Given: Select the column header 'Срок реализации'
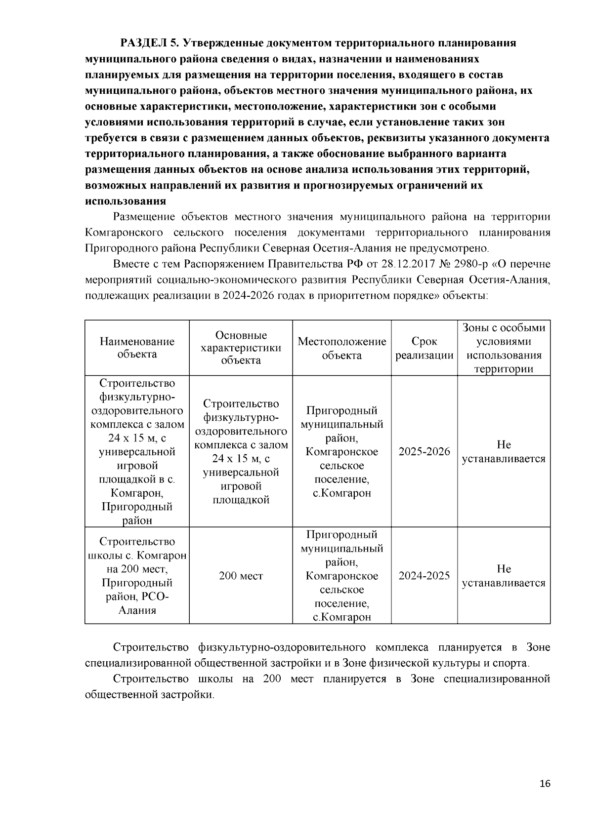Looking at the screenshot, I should (424, 348).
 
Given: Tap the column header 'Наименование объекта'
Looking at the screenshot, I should (137, 348).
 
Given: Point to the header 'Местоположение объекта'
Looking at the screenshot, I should (341, 348).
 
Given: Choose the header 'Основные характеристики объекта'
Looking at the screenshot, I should (241, 348).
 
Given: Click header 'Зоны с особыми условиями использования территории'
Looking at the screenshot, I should (504, 348).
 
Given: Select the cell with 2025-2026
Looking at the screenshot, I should (424, 451).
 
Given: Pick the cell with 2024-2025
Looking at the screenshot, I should (424, 575).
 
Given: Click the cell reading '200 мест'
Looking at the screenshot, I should (241, 576).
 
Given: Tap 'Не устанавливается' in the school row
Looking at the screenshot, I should (504, 576).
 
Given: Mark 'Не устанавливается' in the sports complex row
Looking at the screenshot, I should (504, 451).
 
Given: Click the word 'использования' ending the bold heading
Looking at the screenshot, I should (125, 201).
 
